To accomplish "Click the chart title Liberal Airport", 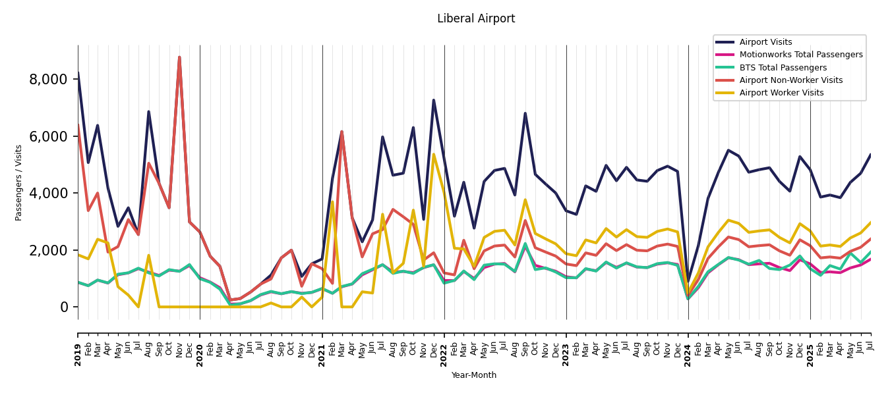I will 476,19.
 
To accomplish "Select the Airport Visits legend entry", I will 765,42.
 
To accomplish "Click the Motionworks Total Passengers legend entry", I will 800,55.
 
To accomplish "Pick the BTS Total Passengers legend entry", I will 783,68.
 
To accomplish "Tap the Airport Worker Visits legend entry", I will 781,93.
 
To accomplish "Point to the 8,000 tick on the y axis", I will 48,80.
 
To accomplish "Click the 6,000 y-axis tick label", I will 48,136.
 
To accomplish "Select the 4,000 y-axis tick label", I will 48,194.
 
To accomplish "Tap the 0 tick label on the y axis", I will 63,307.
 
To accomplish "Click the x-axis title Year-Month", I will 474,375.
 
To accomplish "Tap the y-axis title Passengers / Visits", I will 19,182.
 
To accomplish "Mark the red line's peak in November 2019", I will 179,57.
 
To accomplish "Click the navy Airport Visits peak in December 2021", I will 434,100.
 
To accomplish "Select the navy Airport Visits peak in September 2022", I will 525,113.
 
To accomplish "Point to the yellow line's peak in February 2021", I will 332,202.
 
